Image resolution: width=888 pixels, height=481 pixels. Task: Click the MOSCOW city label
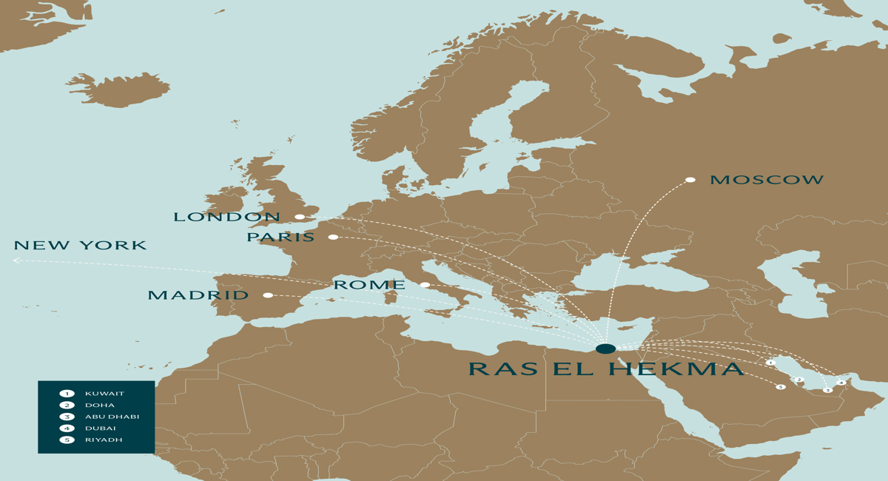click(767, 180)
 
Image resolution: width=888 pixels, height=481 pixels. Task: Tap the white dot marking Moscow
click(690, 180)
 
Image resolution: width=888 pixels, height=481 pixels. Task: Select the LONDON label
click(227, 217)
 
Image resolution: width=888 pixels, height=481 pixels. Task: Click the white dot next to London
click(300, 217)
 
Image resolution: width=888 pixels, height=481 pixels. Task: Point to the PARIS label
click(280, 238)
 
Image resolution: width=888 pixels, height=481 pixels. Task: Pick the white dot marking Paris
click(333, 238)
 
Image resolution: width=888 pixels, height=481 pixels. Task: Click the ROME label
click(369, 285)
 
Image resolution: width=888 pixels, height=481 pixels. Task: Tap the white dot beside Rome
click(425, 285)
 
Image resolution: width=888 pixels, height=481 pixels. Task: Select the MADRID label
click(198, 295)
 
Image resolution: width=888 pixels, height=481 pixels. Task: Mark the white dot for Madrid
click(268, 295)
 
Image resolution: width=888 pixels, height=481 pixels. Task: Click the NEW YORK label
click(80, 246)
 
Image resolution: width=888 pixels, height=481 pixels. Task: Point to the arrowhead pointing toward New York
click(16, 260)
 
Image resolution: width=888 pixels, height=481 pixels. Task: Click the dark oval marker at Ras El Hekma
click(605, 349)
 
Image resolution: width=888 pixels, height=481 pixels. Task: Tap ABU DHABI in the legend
click(112, 417)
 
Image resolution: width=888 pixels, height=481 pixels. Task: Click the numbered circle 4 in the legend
click(67, 428)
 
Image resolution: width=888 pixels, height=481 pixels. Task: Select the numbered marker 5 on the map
click(781, 387)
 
